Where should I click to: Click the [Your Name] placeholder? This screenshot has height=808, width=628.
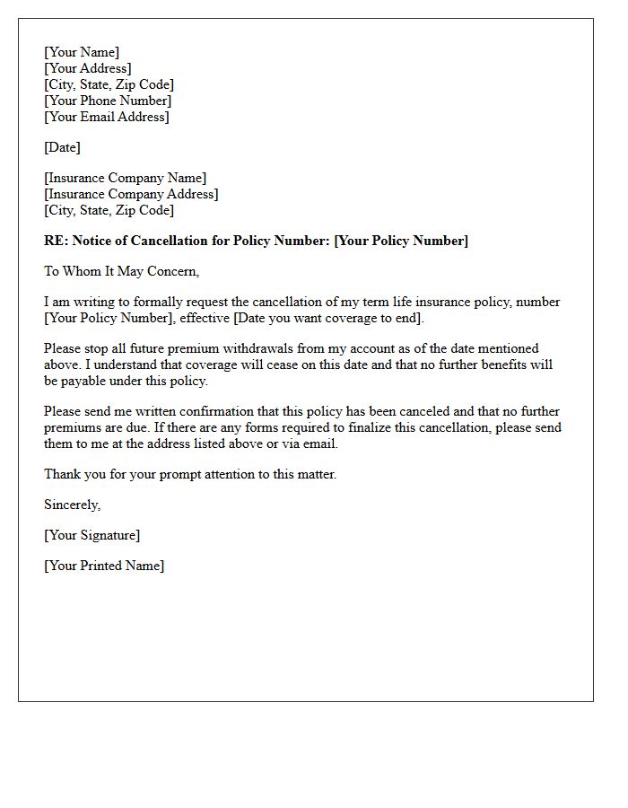pyautogui.click(x=82, y=52)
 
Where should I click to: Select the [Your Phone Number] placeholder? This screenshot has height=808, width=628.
pyautogui.click(x=108, y=101)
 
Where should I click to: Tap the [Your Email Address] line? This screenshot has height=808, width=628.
pyautogui.click(x=107, y=117)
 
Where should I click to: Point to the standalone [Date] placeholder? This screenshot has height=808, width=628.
pyautogui.click(x=63, y=147)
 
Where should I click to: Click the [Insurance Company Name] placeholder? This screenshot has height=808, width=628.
pyautogui.click(x=125, y=178)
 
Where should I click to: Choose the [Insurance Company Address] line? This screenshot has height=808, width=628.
pyautogui.click(x=131, y=194)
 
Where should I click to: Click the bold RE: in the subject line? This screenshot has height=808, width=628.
pyautogui.click(x=56, y=241)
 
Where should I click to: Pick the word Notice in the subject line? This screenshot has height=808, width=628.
pyautogui.click(x=92, y=241)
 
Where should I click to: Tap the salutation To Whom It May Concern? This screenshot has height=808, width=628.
pyautogui.click(x=122, y=271)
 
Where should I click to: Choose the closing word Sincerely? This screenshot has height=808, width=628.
pyautogui.click(x=73, y=505)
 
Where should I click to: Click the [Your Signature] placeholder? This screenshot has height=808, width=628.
pyautogui.click(x=92, y=535)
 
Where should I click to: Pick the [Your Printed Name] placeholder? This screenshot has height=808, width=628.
pyautogui.click(x=104, y=566)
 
